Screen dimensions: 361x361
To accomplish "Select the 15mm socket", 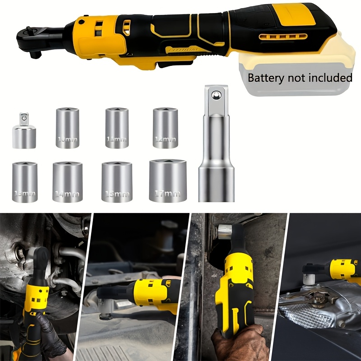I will (x=117, y=182).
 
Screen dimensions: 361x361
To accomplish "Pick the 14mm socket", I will (x=68, y=182).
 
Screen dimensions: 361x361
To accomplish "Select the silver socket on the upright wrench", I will (x=226, y=231).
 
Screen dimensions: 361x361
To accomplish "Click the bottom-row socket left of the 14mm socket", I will (x=25, y=182).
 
